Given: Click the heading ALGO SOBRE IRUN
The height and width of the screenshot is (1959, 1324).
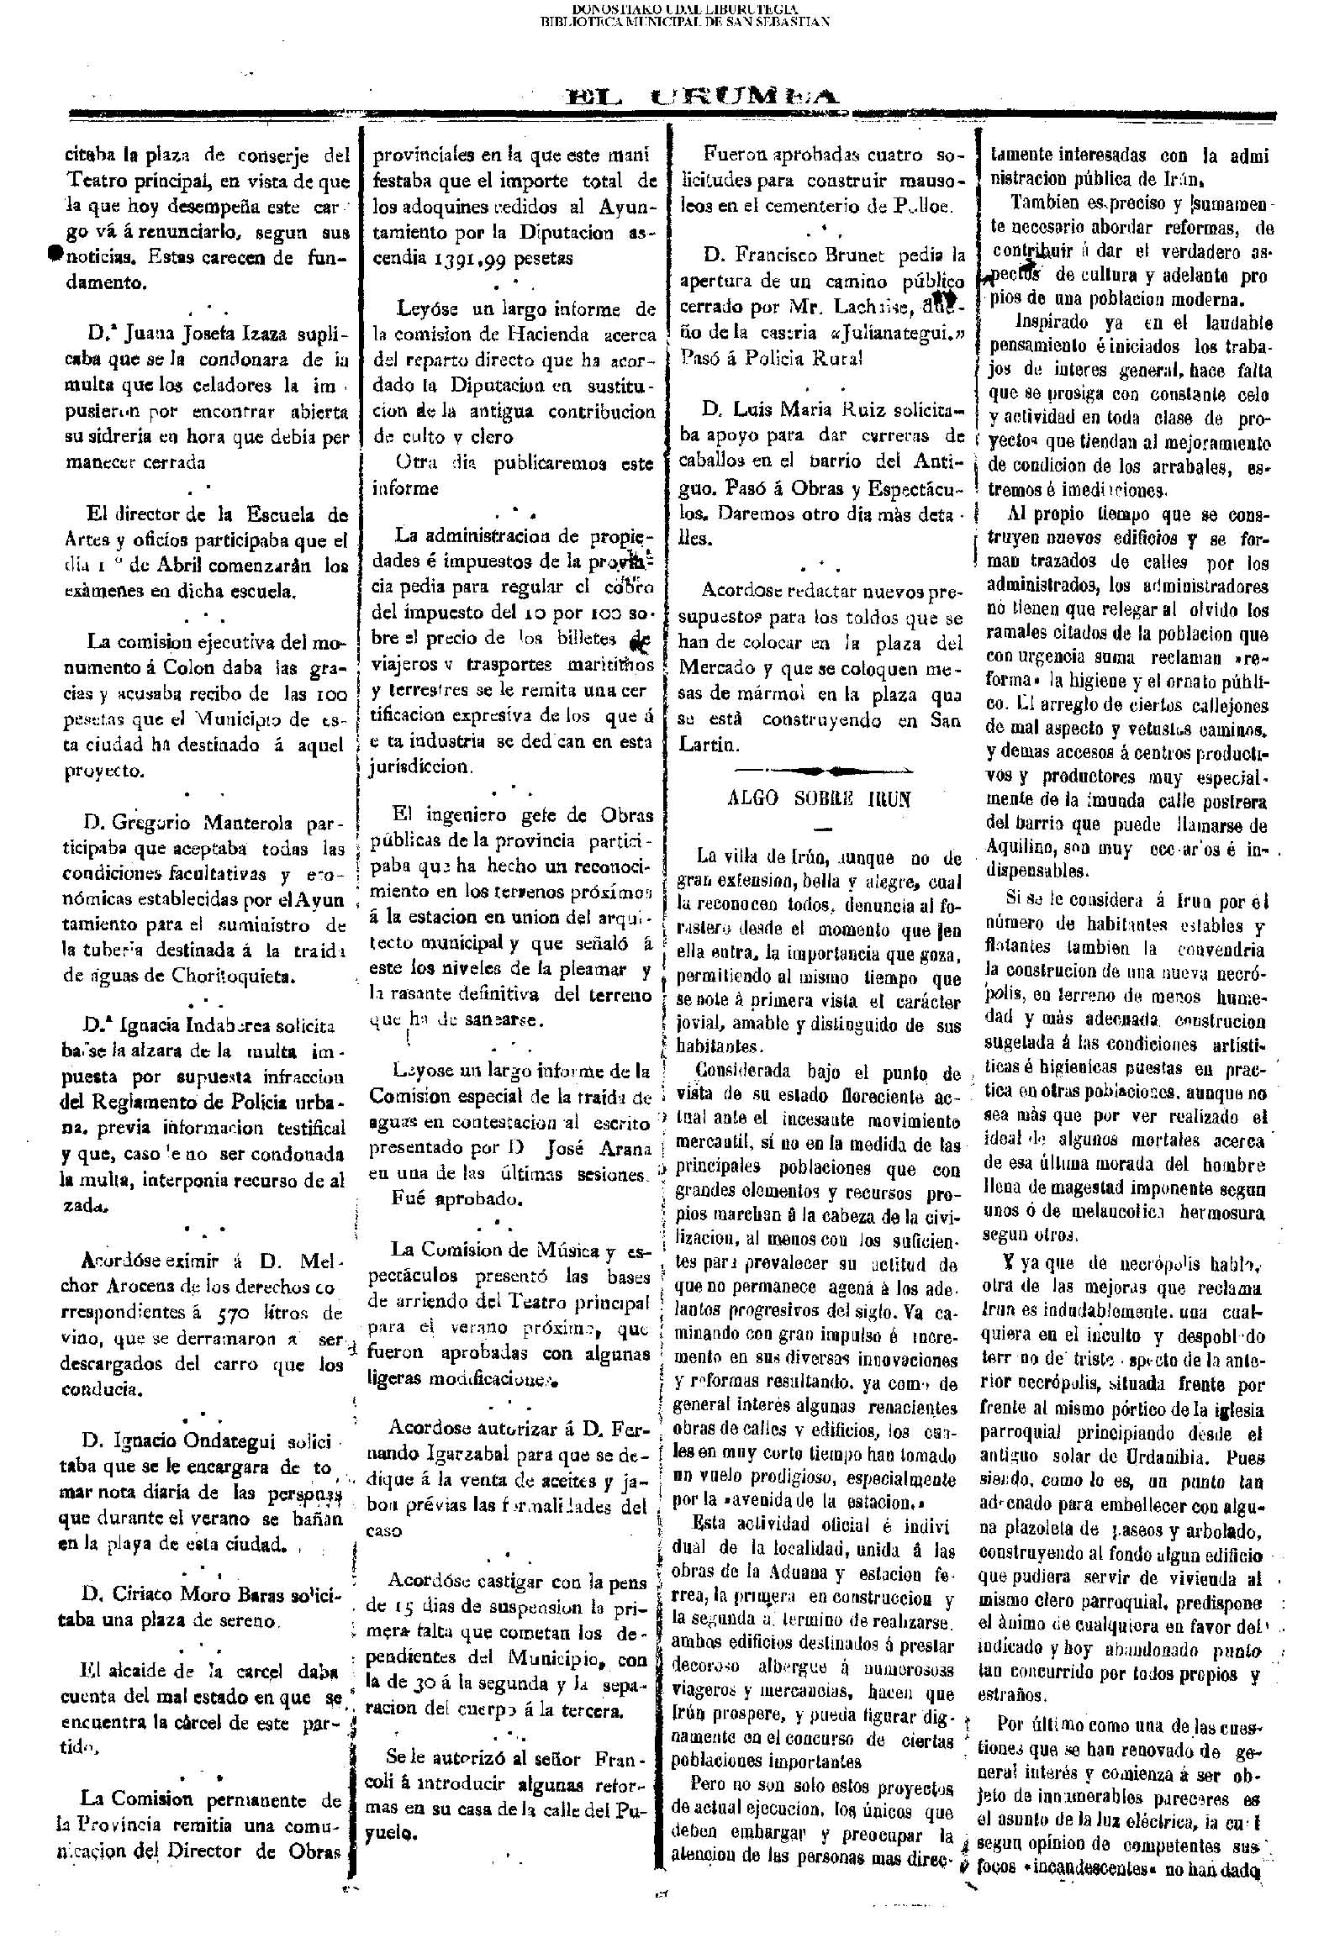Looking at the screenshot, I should click(819, 799).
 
